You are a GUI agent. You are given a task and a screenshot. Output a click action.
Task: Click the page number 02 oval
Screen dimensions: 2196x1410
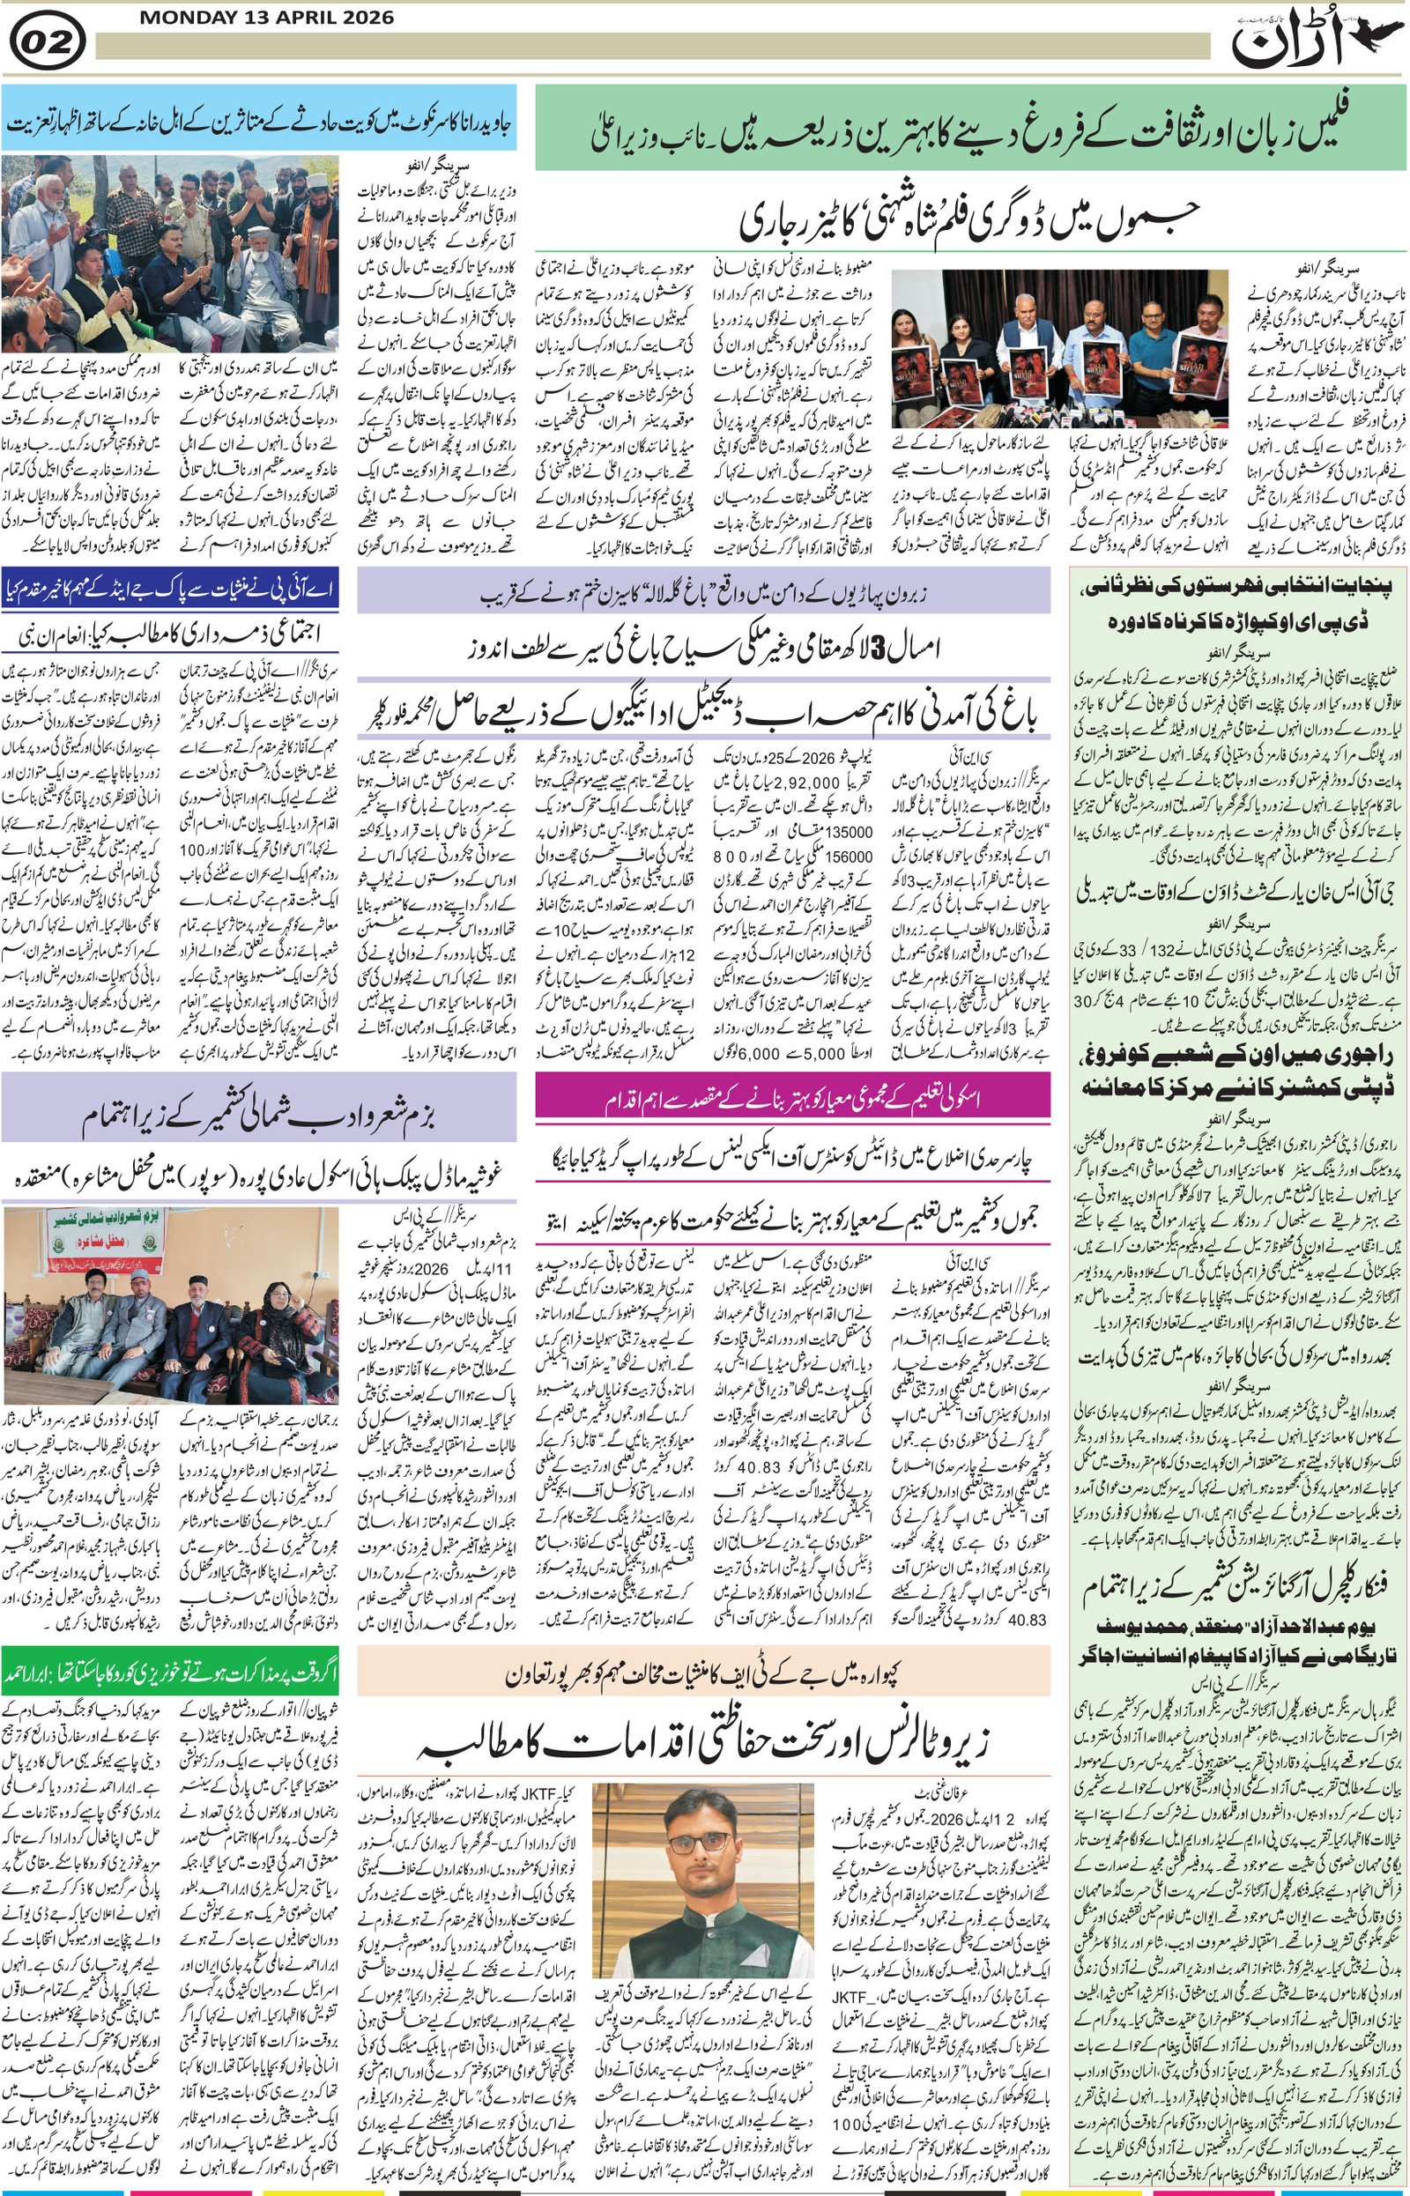(x=48, y=42)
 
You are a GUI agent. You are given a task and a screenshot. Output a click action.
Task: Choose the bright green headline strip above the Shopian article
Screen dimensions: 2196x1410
(x=170, y=1670)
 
